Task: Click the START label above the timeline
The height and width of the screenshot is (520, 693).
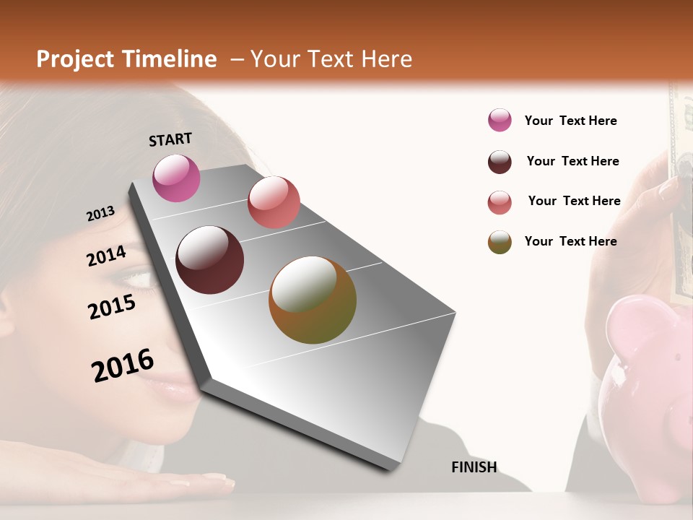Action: pos(170,139)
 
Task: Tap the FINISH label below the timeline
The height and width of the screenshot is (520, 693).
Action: pos(474,467)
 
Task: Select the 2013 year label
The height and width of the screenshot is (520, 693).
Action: pos(100,214)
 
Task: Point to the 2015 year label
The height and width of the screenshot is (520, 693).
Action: pos(112,307)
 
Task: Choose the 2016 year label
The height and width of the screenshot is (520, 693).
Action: pos(123,365)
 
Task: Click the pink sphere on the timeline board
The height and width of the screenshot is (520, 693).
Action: pos(176,178)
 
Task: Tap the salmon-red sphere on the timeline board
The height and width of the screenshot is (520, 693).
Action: pos(274,202)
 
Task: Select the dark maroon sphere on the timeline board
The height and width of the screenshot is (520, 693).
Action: pos(210,260)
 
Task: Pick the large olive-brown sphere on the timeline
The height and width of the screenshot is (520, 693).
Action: pos(313,300)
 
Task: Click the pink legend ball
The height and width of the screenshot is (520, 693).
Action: pos(500,121)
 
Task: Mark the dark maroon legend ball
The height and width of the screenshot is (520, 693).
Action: pos(500,162)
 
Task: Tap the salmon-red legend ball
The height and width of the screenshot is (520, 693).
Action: pos(500,202)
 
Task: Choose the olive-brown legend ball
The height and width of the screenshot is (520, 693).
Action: pos(500,242)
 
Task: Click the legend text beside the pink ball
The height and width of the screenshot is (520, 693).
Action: pos(570,121)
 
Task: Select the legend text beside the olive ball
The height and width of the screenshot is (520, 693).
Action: pos(570,241)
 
